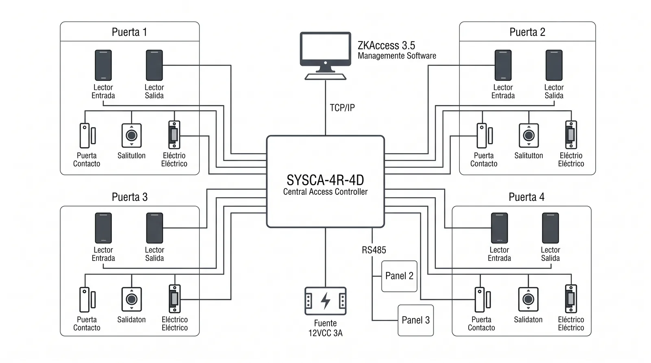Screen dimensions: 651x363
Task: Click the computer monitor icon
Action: tap(325, 55)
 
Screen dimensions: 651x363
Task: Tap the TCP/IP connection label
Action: tap(342, 108)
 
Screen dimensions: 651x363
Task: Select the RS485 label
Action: tap(374, 250)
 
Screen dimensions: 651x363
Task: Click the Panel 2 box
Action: tap(399, 276)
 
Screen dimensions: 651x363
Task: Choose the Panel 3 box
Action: tap(415, 320)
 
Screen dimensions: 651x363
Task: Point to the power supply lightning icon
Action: tap(325, 301)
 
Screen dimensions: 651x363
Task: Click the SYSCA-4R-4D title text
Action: tap(325, 180)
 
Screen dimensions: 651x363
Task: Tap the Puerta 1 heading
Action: tap(129, 32)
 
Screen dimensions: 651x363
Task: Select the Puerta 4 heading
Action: tap(526, 197)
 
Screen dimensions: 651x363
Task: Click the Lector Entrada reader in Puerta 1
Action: tap(103, 65)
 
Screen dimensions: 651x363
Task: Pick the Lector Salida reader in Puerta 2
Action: tap(554, 65)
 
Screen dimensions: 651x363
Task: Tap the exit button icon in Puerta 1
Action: tap(131, 135)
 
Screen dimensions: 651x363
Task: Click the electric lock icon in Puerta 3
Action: tap(175, 298)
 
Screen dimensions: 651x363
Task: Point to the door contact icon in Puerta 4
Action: tap(483, 300)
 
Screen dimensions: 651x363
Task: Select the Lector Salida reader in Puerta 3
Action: tap(154, 228)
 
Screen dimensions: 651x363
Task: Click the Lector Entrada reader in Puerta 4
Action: tap(499, 228)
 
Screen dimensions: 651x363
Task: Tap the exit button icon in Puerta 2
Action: tap(529, 135)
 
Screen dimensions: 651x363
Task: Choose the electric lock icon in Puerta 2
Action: tap(571, 135)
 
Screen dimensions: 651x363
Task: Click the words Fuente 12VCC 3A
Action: tap(325, 328)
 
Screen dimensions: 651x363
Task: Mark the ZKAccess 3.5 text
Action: tap(386, 45)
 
